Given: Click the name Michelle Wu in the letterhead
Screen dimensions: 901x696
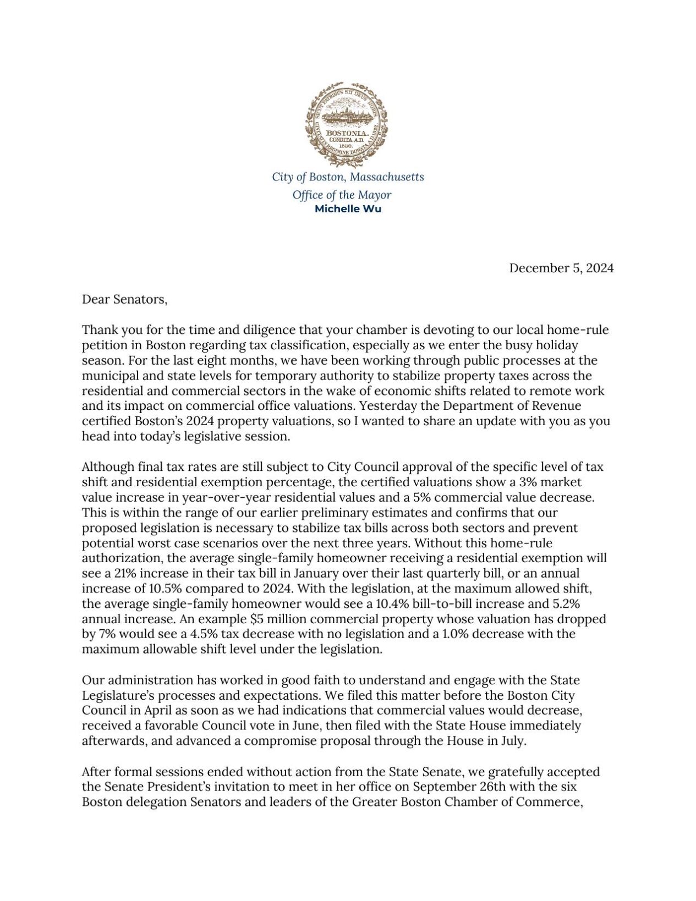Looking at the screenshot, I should (x=348, y=209).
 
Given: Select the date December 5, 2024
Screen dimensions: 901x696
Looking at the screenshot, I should (x=561, y=268).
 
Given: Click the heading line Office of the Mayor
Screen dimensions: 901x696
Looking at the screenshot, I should (x=342, y=195).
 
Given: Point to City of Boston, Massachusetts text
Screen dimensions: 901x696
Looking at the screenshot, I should (x=348, y=177).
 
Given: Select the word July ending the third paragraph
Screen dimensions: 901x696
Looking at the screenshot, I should (x=514, y=740).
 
